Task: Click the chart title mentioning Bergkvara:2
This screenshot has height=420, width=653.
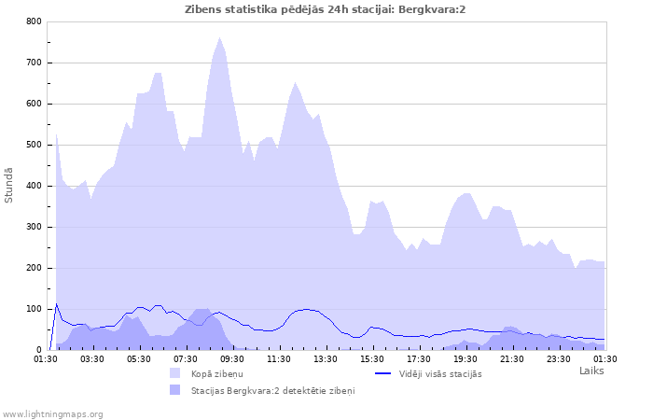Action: (326, 9)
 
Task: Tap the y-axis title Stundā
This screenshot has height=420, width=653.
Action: (9, 185)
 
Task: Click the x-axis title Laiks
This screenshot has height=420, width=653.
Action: (591, 371)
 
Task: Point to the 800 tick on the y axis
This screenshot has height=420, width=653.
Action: (34, 21)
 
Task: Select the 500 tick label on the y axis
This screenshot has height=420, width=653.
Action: (34, 145)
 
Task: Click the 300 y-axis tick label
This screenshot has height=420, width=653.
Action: (34, 227)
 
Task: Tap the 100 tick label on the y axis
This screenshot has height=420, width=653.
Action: (34, 309)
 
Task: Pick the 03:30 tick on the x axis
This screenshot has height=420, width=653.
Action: (92, 358)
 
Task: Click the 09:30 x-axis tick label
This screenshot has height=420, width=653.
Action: (232, 358)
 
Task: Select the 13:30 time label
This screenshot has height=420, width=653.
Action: (326, 358)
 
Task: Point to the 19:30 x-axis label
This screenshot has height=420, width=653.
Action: (465, 358)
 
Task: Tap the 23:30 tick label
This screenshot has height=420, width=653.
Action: (559, 358)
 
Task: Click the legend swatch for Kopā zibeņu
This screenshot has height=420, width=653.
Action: (175, 373)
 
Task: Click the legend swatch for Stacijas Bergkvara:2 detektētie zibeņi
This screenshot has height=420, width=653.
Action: (175, 390)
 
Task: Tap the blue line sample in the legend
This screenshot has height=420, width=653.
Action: (382, 373)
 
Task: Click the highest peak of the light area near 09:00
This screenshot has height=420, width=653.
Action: (220, 38)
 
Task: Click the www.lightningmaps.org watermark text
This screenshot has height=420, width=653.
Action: (52, 413)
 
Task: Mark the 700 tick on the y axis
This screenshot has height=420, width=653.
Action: (34, 63)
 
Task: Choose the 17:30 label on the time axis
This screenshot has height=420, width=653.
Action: (419, 358)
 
